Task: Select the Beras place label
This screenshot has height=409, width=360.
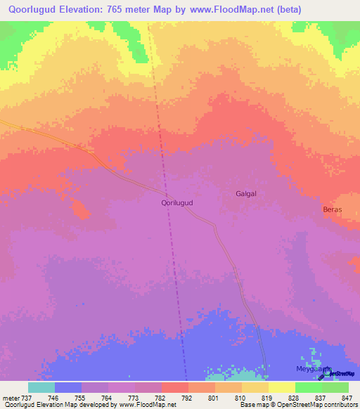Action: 332,210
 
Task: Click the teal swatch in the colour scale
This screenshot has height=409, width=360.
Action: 41,387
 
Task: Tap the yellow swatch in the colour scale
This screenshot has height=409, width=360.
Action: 281,387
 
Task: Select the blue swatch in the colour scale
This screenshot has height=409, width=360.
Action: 67,387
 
